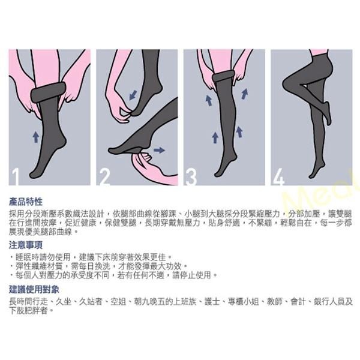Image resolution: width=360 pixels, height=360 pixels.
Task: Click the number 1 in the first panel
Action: [14, 176]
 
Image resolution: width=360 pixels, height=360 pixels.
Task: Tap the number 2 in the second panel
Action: [105, 176]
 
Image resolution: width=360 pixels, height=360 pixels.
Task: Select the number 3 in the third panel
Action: [191, 176]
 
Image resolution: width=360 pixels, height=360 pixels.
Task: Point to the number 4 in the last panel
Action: [278, 176]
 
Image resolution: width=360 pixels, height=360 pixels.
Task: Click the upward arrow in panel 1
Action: [36, 137]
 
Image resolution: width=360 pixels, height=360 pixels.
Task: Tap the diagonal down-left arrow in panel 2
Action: [133, 94]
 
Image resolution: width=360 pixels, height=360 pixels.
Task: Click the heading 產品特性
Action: [26, 202]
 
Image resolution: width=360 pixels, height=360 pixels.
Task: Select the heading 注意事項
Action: [26, 245]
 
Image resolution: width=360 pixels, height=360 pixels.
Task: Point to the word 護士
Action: [211, 302]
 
